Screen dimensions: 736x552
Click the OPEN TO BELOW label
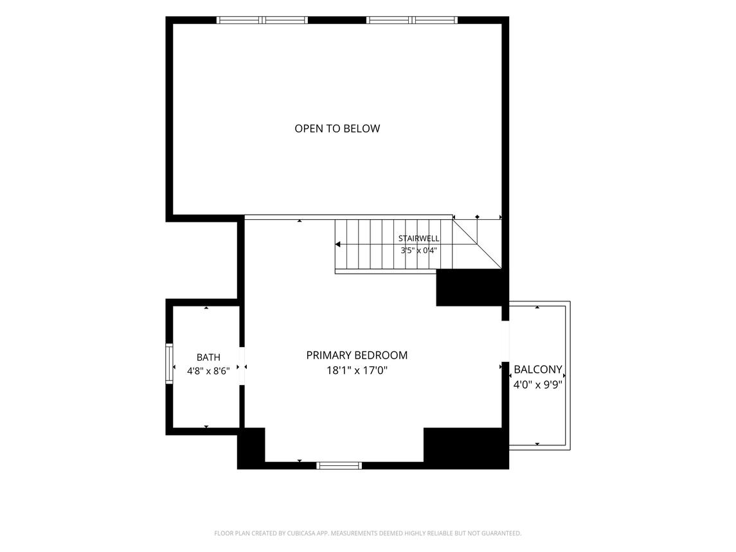pos(337,129)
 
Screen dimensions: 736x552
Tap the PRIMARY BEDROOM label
pos(357,355)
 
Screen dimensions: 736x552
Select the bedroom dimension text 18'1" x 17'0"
pos(357,371)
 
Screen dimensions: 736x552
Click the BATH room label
pos(208,358)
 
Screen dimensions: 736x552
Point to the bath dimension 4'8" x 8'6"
pos(208,371)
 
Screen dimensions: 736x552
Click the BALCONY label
pos(538,369)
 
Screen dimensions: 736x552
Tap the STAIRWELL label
pos(418,238)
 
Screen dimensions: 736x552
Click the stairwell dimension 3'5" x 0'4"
pos(418,251)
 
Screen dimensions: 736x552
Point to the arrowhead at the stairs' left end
pos(337,245)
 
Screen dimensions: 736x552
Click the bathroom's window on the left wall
pos(169,364)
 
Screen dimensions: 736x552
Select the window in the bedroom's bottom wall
pos(339,465)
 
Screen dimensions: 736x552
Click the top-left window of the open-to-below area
pos(262,20)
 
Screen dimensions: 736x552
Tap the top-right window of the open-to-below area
pos(412,20)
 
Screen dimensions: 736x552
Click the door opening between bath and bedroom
pos(242,366)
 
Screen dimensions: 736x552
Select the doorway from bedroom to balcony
pos(505,341)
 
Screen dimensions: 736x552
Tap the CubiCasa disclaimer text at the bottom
pos(368,533)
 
